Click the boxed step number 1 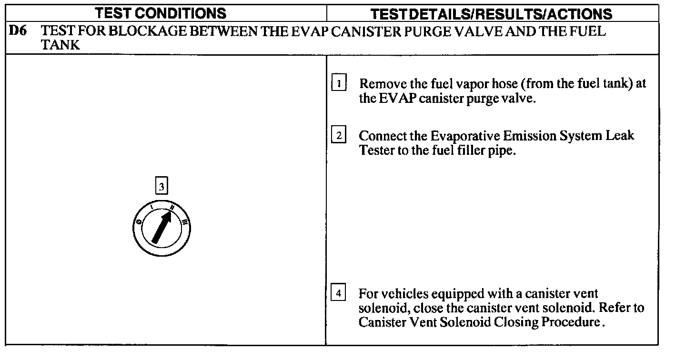[339, 83]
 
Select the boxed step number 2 [339, 136]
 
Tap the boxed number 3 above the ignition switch [161, 187]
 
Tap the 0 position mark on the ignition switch [139, 222]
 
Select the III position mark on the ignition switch [184, 221]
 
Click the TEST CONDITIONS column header [161, 13]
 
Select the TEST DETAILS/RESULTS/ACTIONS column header [491, 13]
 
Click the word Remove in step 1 [379, 84]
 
